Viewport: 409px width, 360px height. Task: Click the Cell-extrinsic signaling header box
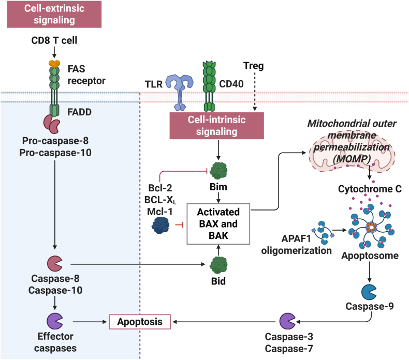pos(54,14)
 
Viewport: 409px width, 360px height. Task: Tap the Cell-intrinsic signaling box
pos(217,126)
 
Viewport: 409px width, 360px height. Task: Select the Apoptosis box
pos(140,322)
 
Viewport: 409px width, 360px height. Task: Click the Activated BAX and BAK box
pos(218,224)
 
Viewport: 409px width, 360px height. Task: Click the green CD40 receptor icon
pos(209,86)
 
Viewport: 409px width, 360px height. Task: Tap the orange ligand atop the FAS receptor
pos(54,64)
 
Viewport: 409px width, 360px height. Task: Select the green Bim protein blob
pos(218,171)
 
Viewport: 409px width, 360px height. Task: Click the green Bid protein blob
pos(218,265)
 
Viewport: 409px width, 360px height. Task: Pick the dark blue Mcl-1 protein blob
pos(160,225)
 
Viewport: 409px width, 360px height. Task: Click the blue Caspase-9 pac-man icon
pos(369,292)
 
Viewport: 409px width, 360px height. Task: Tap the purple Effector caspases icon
pos(55,321)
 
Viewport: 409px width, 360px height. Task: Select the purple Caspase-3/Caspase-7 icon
pos(287,321)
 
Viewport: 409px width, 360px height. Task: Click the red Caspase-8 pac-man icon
pos(54,264)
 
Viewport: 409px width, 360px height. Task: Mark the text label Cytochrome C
pos(370,189)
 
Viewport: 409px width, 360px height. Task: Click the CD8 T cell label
pos(54,40)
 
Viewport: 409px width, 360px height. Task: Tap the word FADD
pos(80,112)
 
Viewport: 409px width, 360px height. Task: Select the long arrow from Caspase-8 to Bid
pos(138,264)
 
